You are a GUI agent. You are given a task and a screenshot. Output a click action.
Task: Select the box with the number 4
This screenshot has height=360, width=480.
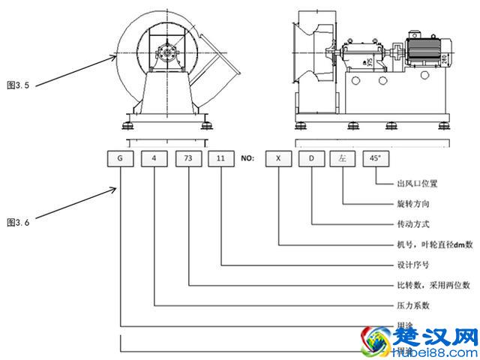pyautogui.click(x=154, y=159)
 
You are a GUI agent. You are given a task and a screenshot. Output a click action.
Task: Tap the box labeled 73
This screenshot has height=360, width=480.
pyautogui.click(x=187, y=159)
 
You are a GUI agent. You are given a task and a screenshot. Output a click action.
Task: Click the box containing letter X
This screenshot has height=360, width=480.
pyautogui.click(x=279, y=159)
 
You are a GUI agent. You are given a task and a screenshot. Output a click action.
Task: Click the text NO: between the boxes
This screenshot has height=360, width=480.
pyautogui.click(x=247, y=159)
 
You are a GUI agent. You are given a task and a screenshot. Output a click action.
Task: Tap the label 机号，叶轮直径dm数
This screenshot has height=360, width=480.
pyautogui.click(x=435, y=244)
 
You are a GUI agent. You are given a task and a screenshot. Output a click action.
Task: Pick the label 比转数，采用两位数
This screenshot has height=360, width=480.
pyautogui.click(x=433, y=285)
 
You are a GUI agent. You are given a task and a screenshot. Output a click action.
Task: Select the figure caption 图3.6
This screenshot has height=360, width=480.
pyautogui.click(x=17, y=223)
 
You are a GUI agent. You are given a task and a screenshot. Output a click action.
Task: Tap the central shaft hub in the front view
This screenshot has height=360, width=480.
pyautogui.click(x=166, y=54)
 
